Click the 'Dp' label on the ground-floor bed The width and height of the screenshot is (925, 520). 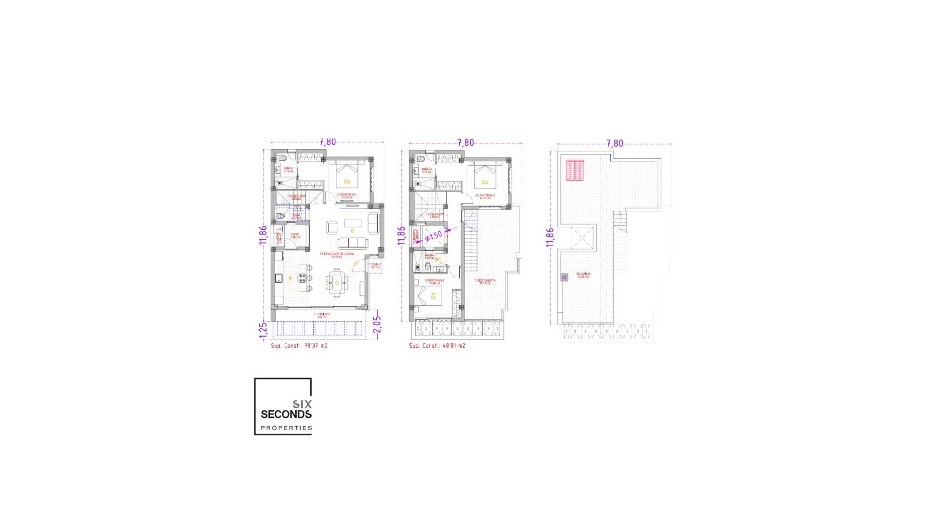pyautogui.click(x=346, y=182)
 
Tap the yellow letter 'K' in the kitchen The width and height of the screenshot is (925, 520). pyautogui.click(x=291, y=278)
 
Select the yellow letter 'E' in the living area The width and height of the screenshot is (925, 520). pyautogui.click(x=352, y=231)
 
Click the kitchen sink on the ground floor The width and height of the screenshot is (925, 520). pyautogui.click(x=278, y=278)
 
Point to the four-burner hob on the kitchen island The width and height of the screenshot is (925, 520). pyautogui.click(x=303, y=278)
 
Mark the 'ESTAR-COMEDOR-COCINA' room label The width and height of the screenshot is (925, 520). pyautogui.click(x=337, y=254)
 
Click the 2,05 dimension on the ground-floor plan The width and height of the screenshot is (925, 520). pyautogui.click(x=377, y=324)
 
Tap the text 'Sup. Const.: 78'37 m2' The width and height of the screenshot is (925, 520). pyautogui.click(x=299, y=346)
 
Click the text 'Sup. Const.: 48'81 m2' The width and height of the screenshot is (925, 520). pyautogui.click(x=437, y=346)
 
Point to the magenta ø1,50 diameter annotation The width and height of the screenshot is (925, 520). pyautogui.click(x=434, y=236)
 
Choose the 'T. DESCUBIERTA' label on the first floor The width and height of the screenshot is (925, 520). pyautogui.click(x=485, y=281)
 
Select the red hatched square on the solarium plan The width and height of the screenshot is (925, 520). pyautogui.click(x=575, y=170)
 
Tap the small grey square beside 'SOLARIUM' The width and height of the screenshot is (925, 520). pyautogui.click(x=564, y=277)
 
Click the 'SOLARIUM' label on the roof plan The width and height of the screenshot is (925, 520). pyautogui.click(x=583, y=274)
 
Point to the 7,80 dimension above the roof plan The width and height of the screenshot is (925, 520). pyautogui.click(x=614, y=143)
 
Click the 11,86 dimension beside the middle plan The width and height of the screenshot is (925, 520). pyautogui.click(x=401, y=236)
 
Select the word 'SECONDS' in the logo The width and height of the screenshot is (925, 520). pyautogui.click(x=286, y=414)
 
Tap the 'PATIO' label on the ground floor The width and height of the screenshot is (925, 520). pyautogui.click(x=295, y=235)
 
